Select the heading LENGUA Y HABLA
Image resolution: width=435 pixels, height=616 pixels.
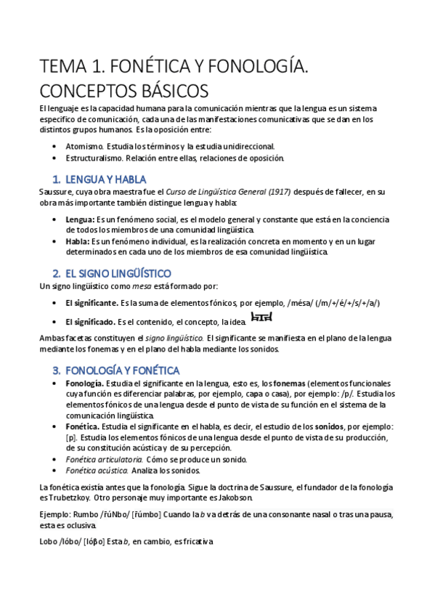click(105, 179)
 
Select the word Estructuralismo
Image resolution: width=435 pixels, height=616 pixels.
click(94, 158)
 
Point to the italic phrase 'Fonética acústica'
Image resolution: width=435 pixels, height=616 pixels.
click(93, 471)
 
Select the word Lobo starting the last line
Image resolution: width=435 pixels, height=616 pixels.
click(49, 541)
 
